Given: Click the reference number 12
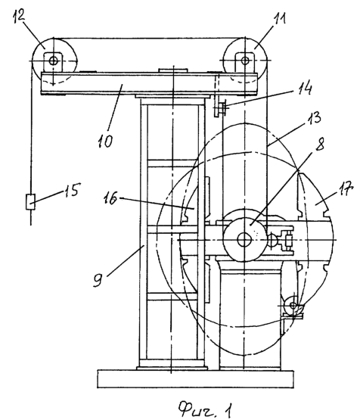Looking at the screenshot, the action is pyautogui.click(x=20, y=16).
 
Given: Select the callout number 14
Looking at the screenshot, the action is pyautogui.click(x=305, y=87).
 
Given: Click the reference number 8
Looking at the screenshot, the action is pyautogui.click(x=319, y=144).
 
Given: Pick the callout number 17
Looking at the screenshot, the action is pyautogui.click(x=346, y=189).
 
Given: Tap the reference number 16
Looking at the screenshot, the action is pyautogui.click(x=110, y=198).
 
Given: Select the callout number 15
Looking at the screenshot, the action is pyautogui.click(x=72, y=190).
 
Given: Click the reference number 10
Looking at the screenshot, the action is pyautogui.click(x=105, y=140).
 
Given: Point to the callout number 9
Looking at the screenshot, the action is pyautogui.click(x=98, y=280).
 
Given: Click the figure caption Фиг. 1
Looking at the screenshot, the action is pyautogui.click(x=205, y=409).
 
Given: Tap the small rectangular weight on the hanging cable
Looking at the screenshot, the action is pyautogui.click(x=30, y=202).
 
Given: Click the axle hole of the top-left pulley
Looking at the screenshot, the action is pyautogui.click(x=53, y=61).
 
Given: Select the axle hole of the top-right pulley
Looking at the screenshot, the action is pyautogui.click(x=244, y=61).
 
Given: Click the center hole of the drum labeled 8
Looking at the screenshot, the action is pyautogui.click(x=244, y=239).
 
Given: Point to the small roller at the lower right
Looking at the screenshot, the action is pyautogui.click(x=293, y=306).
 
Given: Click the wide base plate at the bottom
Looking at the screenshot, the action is pyautogui.click(x=195, y=378).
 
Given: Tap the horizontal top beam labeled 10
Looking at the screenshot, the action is pyautogui.click(x=149, y=83).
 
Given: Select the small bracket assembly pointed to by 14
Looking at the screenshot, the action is pyautogui.click(x=219, y=108).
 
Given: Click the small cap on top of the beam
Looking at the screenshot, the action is pyautogui.click(x=172, y=70).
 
